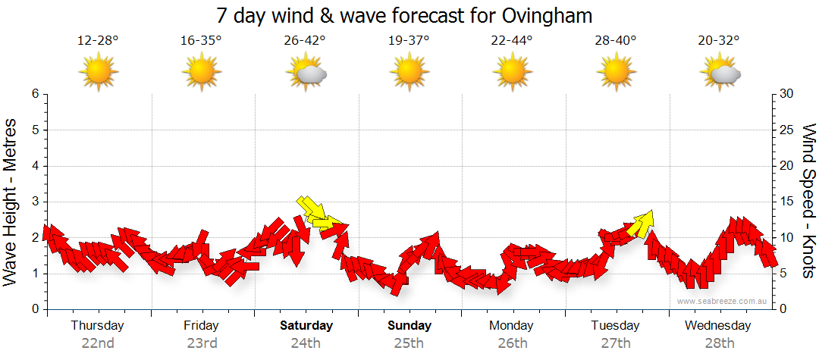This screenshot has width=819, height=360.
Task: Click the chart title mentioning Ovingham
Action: coord(404,15)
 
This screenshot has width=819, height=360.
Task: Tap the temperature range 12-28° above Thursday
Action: coord(98,41)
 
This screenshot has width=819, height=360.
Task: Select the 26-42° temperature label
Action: coord(306,41)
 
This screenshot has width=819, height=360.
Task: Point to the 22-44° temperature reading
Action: coord(513,41)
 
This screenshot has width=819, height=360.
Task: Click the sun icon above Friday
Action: coord(202,73)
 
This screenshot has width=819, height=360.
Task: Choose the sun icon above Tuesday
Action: coord(617,73)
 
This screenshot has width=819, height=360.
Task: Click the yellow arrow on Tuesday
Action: coord(642,224)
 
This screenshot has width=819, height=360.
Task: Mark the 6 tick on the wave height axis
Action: coord(35,94)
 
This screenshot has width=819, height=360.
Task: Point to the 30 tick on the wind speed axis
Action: coord(787,94)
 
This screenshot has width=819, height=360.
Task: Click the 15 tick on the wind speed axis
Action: coord(787,202)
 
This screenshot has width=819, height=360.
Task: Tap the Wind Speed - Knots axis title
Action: coord(808,201)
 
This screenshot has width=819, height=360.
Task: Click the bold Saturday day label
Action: coord(306,326)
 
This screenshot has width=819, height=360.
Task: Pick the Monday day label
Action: coord(513,326)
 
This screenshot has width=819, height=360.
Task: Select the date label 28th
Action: coord(720,343)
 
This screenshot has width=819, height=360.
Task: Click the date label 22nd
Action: coord(98,343)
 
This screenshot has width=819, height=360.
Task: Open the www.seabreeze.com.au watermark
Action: coord(723,301)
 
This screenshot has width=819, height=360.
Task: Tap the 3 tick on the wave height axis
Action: coord(35,202)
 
